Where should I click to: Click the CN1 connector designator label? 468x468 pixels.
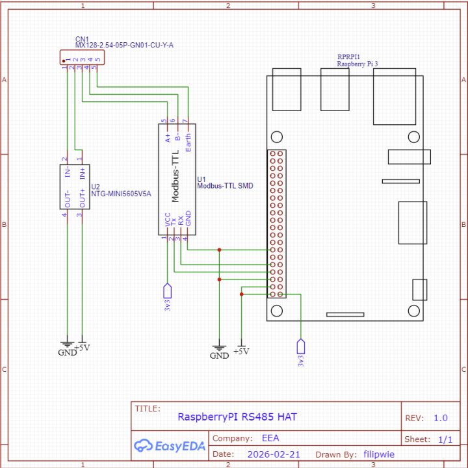[83, 39]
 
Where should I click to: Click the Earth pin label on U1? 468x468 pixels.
[188, 141]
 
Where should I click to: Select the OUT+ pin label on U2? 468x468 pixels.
[83, 198]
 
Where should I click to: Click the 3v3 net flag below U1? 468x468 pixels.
[168, 296]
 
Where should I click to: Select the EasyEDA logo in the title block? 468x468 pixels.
[169, 445]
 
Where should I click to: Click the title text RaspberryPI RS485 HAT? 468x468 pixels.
[237, 417]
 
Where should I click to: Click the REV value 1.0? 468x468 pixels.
[441, 418]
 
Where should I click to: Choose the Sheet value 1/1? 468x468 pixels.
[445, 439]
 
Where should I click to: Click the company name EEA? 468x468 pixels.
[270, 438]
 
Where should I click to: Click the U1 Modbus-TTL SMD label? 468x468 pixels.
[224, 185]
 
